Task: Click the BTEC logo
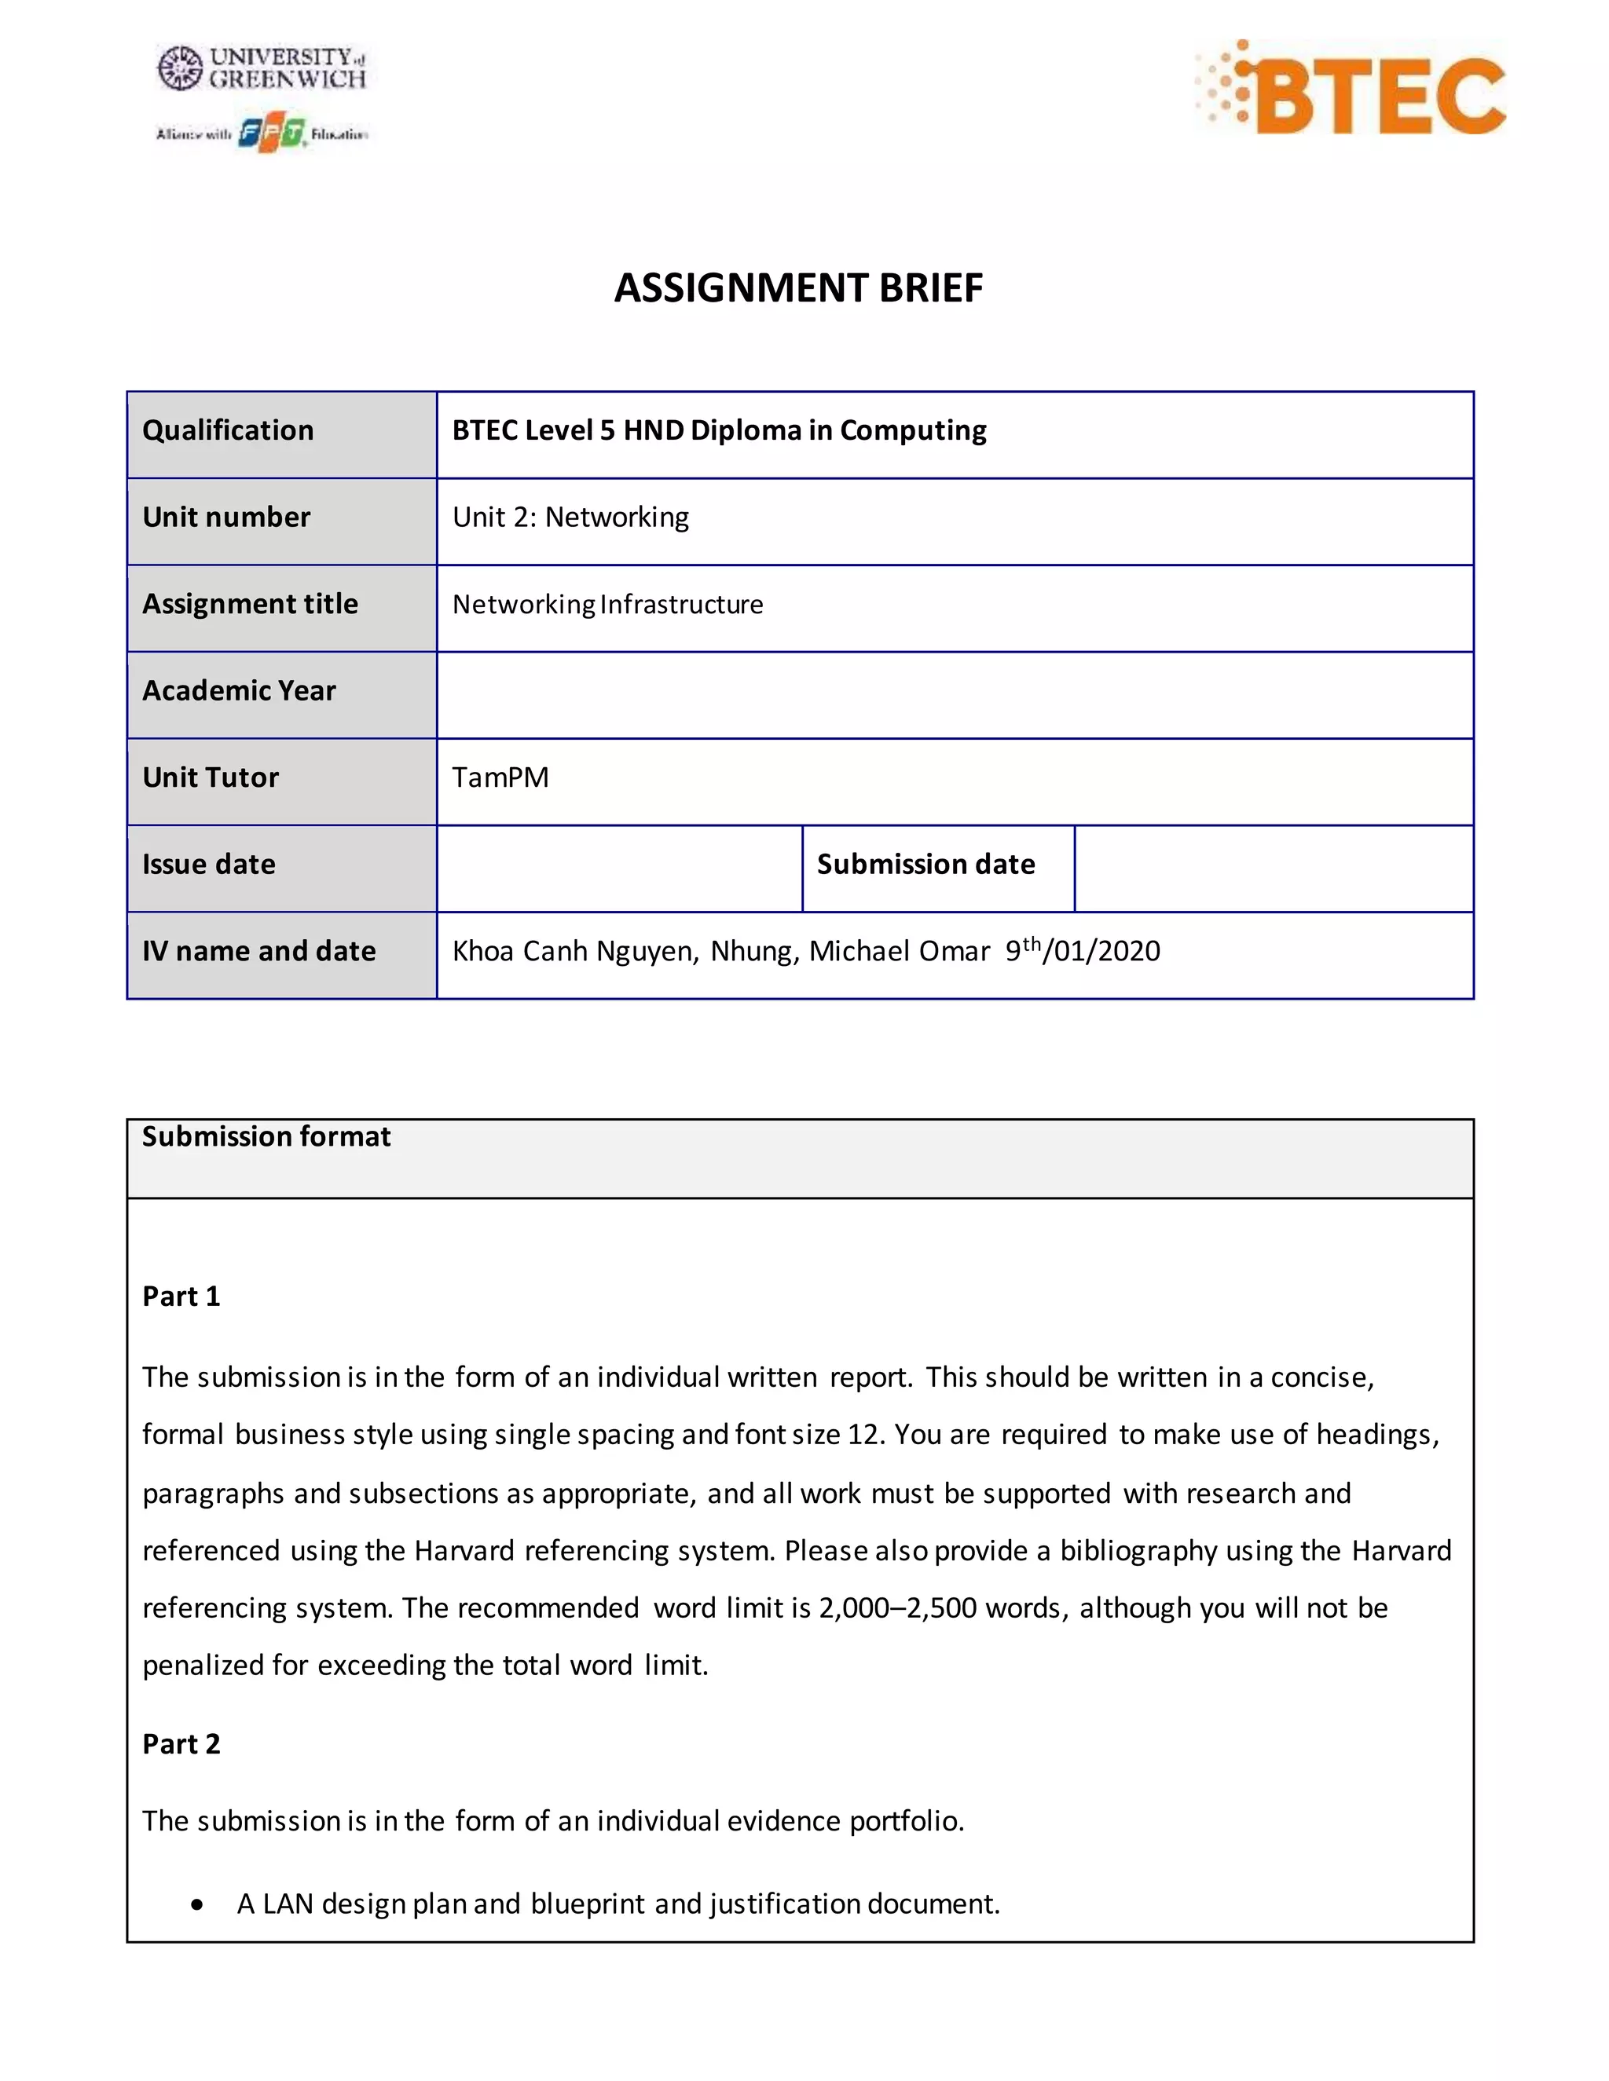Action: click(1351, 88)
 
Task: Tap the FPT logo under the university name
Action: click(271, 134)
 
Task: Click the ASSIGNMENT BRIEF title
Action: click(798, 287)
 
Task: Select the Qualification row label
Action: click(228, 430)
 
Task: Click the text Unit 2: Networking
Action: click(570, 518)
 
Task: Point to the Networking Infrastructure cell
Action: click(607, 604)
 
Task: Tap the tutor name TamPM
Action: click(500, 777)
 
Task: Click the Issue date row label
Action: click(209, 865)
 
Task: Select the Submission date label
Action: click(925, 865)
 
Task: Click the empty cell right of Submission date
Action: click(1274, 868)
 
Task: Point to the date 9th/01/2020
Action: click(1083, 950)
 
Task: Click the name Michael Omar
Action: click(900, 951)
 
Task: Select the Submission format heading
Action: click(266, 1137)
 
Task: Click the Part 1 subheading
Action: click(181, 1296)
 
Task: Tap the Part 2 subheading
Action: click(181, 1743)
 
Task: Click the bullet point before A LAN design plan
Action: click(196, 1905)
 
